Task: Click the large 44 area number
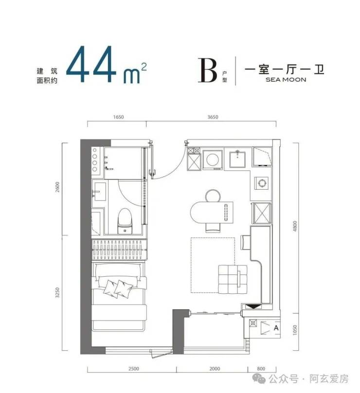point(91,64)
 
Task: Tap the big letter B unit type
point(207,70)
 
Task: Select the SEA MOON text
point(286,80)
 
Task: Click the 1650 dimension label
point(118,117)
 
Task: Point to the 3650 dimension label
point(213,117)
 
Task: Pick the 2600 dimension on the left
point(57,187)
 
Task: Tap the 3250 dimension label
point(57,292)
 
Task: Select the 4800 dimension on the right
point(295,226)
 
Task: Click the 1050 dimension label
point(295,330)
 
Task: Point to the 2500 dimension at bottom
point(134,369)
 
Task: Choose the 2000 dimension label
point(215,369)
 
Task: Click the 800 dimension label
point(261,369)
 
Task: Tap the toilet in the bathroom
point(125,221)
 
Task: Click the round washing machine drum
point(213,159)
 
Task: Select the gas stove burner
point(262,183)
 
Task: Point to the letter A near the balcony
point(276,328)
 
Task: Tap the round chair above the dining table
point(213,196)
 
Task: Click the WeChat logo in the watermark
point(259,378)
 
